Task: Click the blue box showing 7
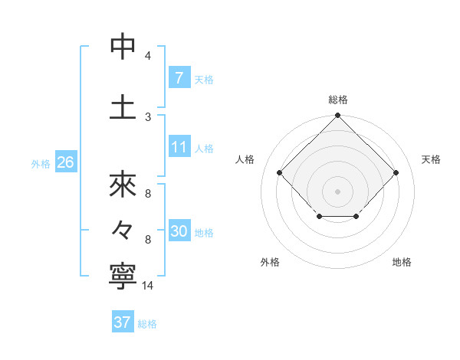pos(179,77)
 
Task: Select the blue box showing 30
pos(179,231)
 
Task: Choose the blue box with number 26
pos(64,162)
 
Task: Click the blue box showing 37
pos(122,322)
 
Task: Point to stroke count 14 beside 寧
pos(149,286)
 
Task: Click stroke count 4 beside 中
pos(148,56)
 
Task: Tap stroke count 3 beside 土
pos(148,116)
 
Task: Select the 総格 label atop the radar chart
pos(338,100)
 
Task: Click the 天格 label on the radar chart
pos(431,159)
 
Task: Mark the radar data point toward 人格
pos(280,173)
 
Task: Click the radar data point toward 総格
pos(337,116)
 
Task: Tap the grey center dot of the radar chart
pos(337,191)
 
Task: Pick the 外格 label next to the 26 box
pos(40,163)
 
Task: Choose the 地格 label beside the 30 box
pos(204,232)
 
